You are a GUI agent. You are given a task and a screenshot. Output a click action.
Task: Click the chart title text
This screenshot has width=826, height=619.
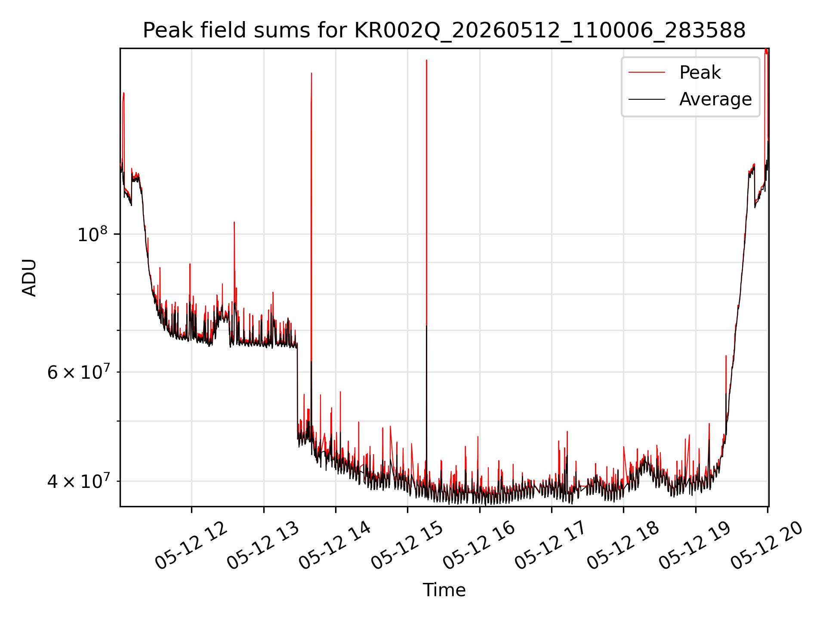point(444,31)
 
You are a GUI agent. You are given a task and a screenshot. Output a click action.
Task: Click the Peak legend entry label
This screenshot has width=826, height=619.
point(700,72)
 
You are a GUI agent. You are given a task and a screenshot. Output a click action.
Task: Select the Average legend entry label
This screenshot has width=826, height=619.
point(715,99)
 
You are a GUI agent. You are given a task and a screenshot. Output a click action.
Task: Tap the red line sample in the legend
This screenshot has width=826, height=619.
point(647,72)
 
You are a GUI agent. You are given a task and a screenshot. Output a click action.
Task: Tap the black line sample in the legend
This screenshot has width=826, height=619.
point(647,99)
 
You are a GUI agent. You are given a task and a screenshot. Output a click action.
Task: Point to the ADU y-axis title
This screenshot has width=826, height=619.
point(29,277)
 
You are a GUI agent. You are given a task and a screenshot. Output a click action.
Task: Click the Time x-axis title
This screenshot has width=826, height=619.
point(444,590)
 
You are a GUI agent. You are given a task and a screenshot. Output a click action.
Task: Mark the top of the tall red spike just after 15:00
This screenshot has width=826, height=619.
point(426,60)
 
